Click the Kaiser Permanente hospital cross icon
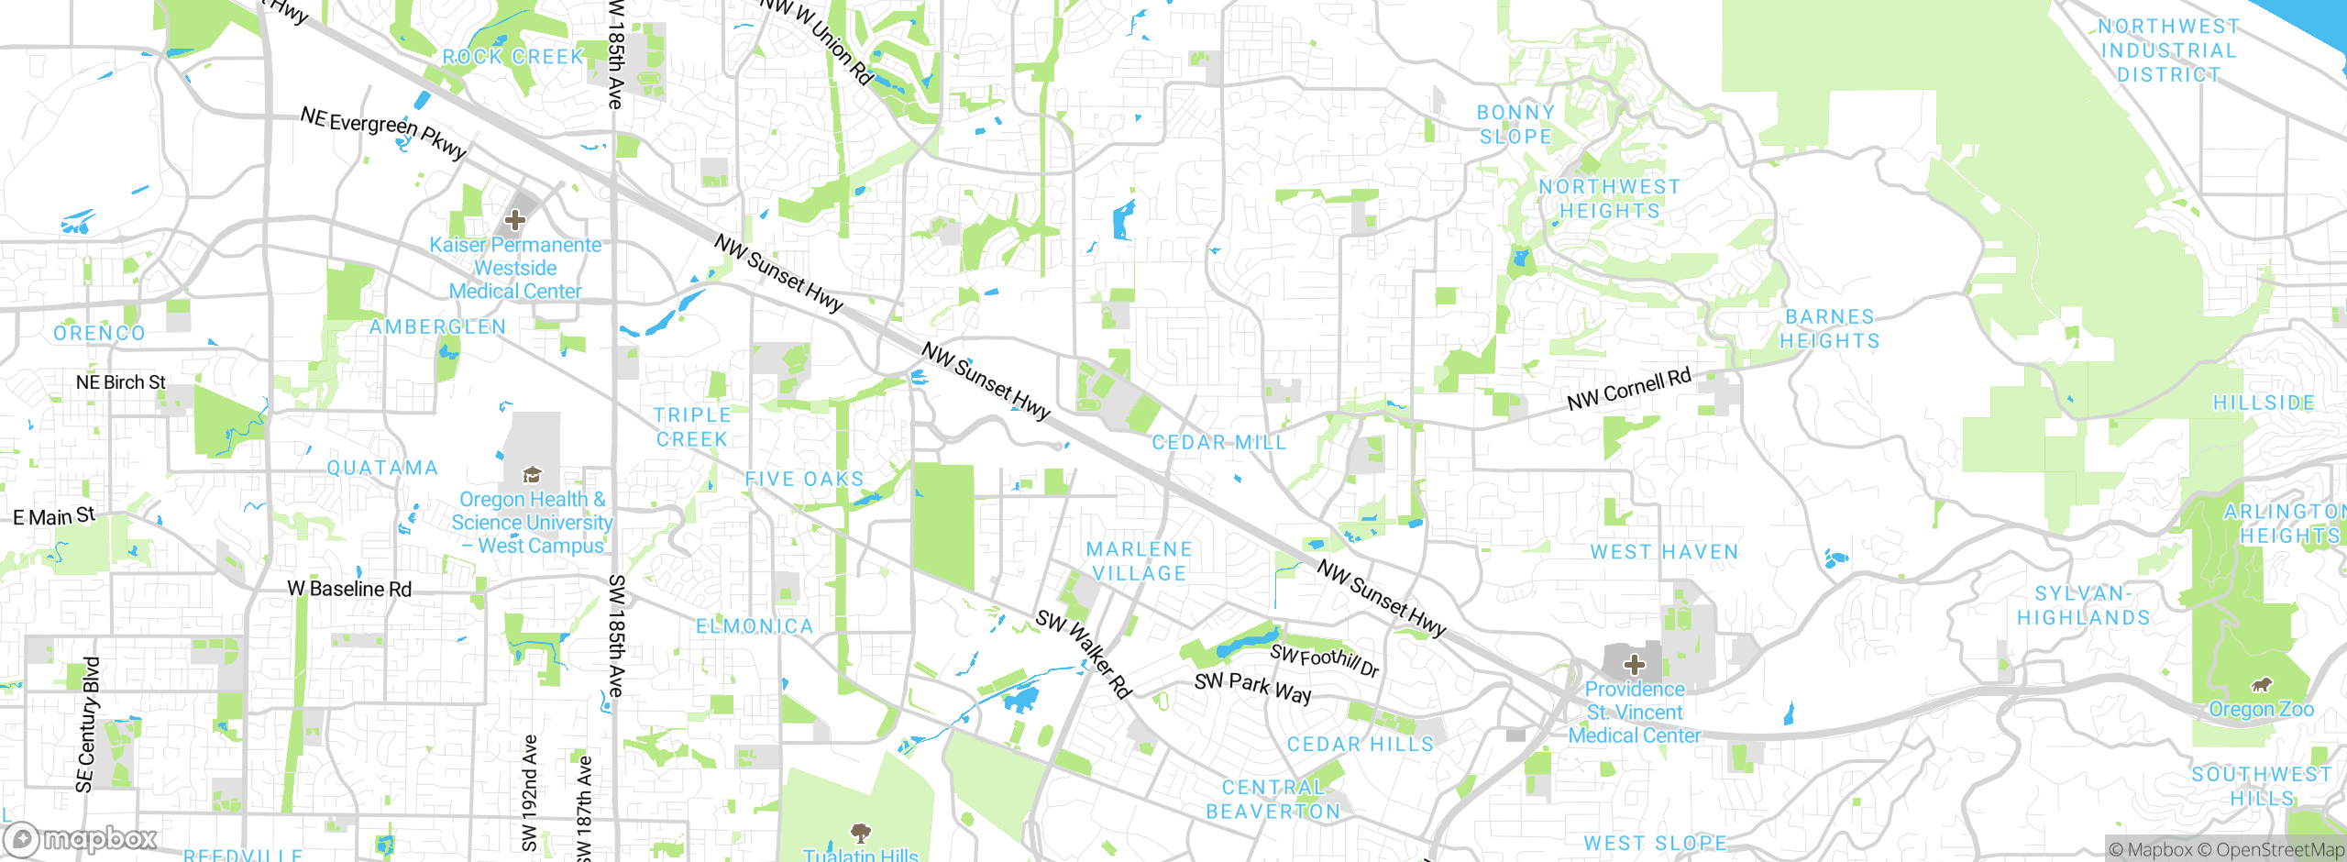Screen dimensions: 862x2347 pos(515,220)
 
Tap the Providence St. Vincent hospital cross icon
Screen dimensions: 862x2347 pos(1634,665)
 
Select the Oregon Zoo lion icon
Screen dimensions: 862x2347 pos(2262,685)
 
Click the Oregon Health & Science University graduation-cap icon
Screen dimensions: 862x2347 pos(532,475)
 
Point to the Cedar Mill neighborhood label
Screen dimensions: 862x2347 pos(1218,443)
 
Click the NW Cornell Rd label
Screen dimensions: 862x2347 pos(1628,390)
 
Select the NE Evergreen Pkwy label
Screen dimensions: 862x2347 pos(383,132)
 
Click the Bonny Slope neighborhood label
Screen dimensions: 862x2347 pos(1515,125)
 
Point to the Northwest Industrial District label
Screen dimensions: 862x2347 pos(2168,51)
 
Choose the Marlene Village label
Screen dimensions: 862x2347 pos(1139,561)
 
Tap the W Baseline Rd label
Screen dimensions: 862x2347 pos(349,589)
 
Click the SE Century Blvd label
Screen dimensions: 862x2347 pos(86,724)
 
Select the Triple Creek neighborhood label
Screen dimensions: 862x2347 pos(692,427)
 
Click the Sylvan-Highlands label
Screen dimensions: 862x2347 pos(2083,606)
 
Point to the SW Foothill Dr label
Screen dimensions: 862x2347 pos(1324,660)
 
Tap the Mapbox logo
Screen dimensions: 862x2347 pos(81,838)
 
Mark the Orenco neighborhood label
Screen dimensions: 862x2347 pos(99,334)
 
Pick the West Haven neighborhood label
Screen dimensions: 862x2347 pos(1664,552)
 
